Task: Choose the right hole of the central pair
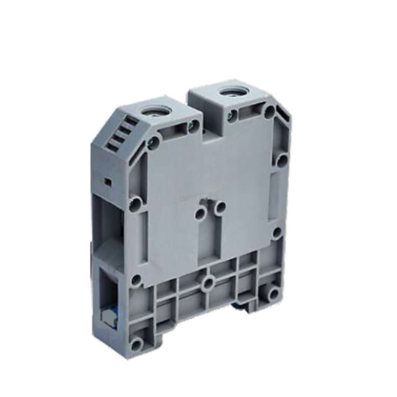[220, 207]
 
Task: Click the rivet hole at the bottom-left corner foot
[137, 344]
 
